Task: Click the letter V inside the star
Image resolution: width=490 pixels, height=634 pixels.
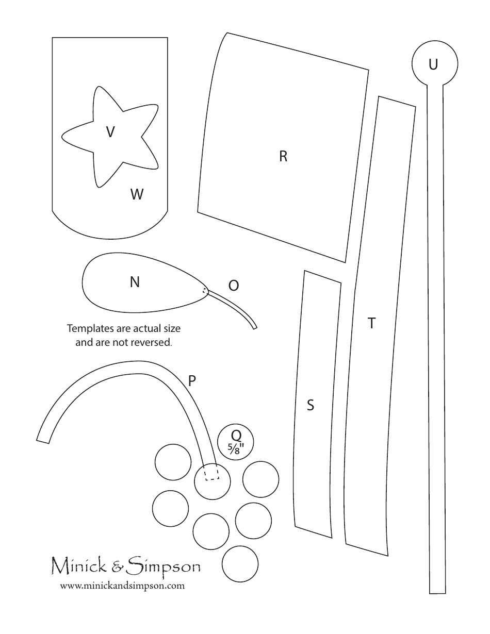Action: coord(110,132)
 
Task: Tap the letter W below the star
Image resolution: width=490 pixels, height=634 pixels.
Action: coord(137,194)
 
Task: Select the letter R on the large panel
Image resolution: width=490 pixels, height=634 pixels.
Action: coord(283,156)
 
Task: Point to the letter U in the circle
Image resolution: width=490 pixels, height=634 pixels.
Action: coord(433,64)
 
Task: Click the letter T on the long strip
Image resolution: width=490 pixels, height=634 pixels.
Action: coord(371,323)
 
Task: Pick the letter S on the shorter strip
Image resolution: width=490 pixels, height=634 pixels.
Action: coord(311,405)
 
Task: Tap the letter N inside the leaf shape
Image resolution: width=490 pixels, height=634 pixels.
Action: coord(135,282)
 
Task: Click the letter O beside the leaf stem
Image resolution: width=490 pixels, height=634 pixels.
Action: coord(234,285)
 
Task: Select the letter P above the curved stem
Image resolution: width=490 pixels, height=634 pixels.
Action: coord(192,380)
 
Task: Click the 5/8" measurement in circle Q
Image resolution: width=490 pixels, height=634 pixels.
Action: coord(236,448)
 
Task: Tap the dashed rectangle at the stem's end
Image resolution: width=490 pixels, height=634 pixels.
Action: coord(211,473)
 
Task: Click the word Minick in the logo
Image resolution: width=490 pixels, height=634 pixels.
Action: coord(80,567)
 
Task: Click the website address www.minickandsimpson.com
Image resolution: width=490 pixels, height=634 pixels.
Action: coord(122,586)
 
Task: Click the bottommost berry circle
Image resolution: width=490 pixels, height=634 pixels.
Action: coord(240,564)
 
